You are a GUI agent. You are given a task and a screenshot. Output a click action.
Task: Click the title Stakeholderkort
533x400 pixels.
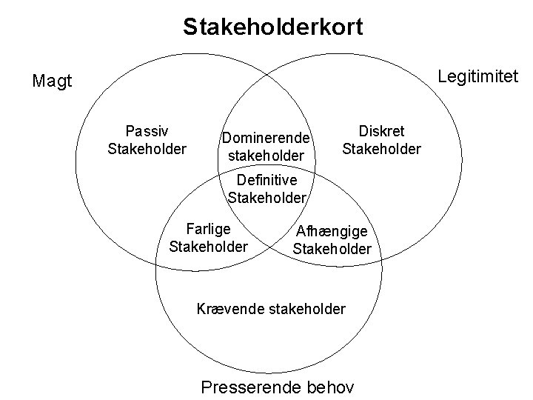click(273, 28)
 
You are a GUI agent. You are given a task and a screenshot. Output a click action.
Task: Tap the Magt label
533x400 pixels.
click(53, 81)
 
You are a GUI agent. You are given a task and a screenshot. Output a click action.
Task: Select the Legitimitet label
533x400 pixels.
click(478, 76)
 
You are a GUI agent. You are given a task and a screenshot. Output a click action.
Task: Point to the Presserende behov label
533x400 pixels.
click(278, 387)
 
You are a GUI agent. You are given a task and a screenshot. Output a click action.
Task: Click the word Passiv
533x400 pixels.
click(147, 132)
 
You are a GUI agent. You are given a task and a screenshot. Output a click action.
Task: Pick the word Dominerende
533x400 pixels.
click(264, 139)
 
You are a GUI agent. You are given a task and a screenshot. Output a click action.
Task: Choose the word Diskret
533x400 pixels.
click(381, 132)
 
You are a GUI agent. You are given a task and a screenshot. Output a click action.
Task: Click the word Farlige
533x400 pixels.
click(209, 228)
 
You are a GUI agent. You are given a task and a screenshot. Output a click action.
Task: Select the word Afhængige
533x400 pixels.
click(332, 232)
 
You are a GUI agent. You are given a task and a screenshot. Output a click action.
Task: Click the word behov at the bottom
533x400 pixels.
click(329, 387)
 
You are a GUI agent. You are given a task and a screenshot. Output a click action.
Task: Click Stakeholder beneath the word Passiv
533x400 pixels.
click(147, 150)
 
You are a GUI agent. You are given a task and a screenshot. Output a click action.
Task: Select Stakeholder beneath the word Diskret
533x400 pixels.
click(381, 150)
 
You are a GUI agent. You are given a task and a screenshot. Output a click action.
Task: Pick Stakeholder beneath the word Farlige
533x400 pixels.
click(209, 245)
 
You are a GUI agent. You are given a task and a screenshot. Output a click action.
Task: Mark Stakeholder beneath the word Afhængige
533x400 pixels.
click(332, 249)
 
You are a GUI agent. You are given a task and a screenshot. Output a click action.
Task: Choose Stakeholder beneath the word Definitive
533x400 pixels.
click(266, 197)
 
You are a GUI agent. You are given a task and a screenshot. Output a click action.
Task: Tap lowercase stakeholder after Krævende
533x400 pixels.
click(304, 307)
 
